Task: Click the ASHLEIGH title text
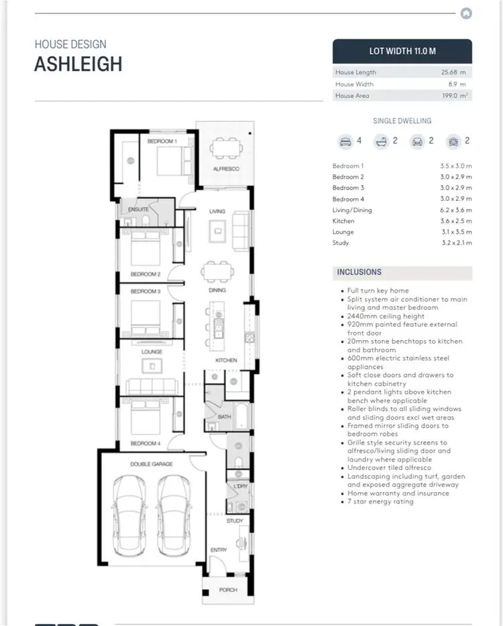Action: pyautogui.click(x=78, y=64)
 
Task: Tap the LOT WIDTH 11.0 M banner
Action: pyautogui.click(x=402, y=51)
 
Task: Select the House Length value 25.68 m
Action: pyautogui.click(x=453, y=72)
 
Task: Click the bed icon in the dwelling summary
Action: pyautogui.click(x=346, y=141)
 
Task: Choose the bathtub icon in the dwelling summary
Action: pyautogui.click(x=382, y=141)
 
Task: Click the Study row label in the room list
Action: pyautogui.click(x=341, y=243)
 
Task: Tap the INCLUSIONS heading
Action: pyautogui.click(x=359, y=272)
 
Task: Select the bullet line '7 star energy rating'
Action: pyautogui.click(x=380, y=501)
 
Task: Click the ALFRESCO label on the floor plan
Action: pyautogui.click(x=226, y=169)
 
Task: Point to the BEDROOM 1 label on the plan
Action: pyautogui.click(x=162, y=141)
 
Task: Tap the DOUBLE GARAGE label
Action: pyautogui.click(x=152, y=464)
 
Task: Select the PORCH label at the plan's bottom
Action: pyautogui.click(x=228, y=590)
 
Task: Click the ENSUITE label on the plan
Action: pyautogui.click(x=139, y=210)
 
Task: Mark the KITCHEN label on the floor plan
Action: pyautogui.click(x=226, y=361)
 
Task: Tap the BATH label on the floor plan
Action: pyautogui.click(x=223, y=416)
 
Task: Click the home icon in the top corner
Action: pyautogui.click(x=467, y=13)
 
